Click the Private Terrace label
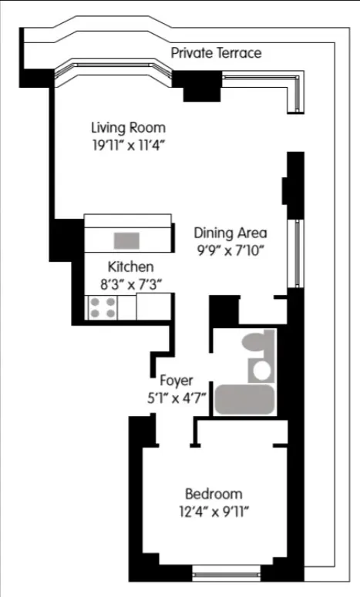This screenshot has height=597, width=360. click(216, 53)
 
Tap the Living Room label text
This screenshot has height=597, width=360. click(128, 127)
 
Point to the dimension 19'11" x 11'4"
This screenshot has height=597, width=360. click(128, 143)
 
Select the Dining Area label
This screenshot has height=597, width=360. click(230, 233)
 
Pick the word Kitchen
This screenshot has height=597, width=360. click(130, 267)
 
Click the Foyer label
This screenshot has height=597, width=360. click(176, 381)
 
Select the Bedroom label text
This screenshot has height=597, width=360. click(214, 494)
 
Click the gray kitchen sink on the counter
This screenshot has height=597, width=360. click(127, 240)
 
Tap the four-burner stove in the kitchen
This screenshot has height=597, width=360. click(103, 307)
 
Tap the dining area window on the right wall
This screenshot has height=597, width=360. click(294, 253)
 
